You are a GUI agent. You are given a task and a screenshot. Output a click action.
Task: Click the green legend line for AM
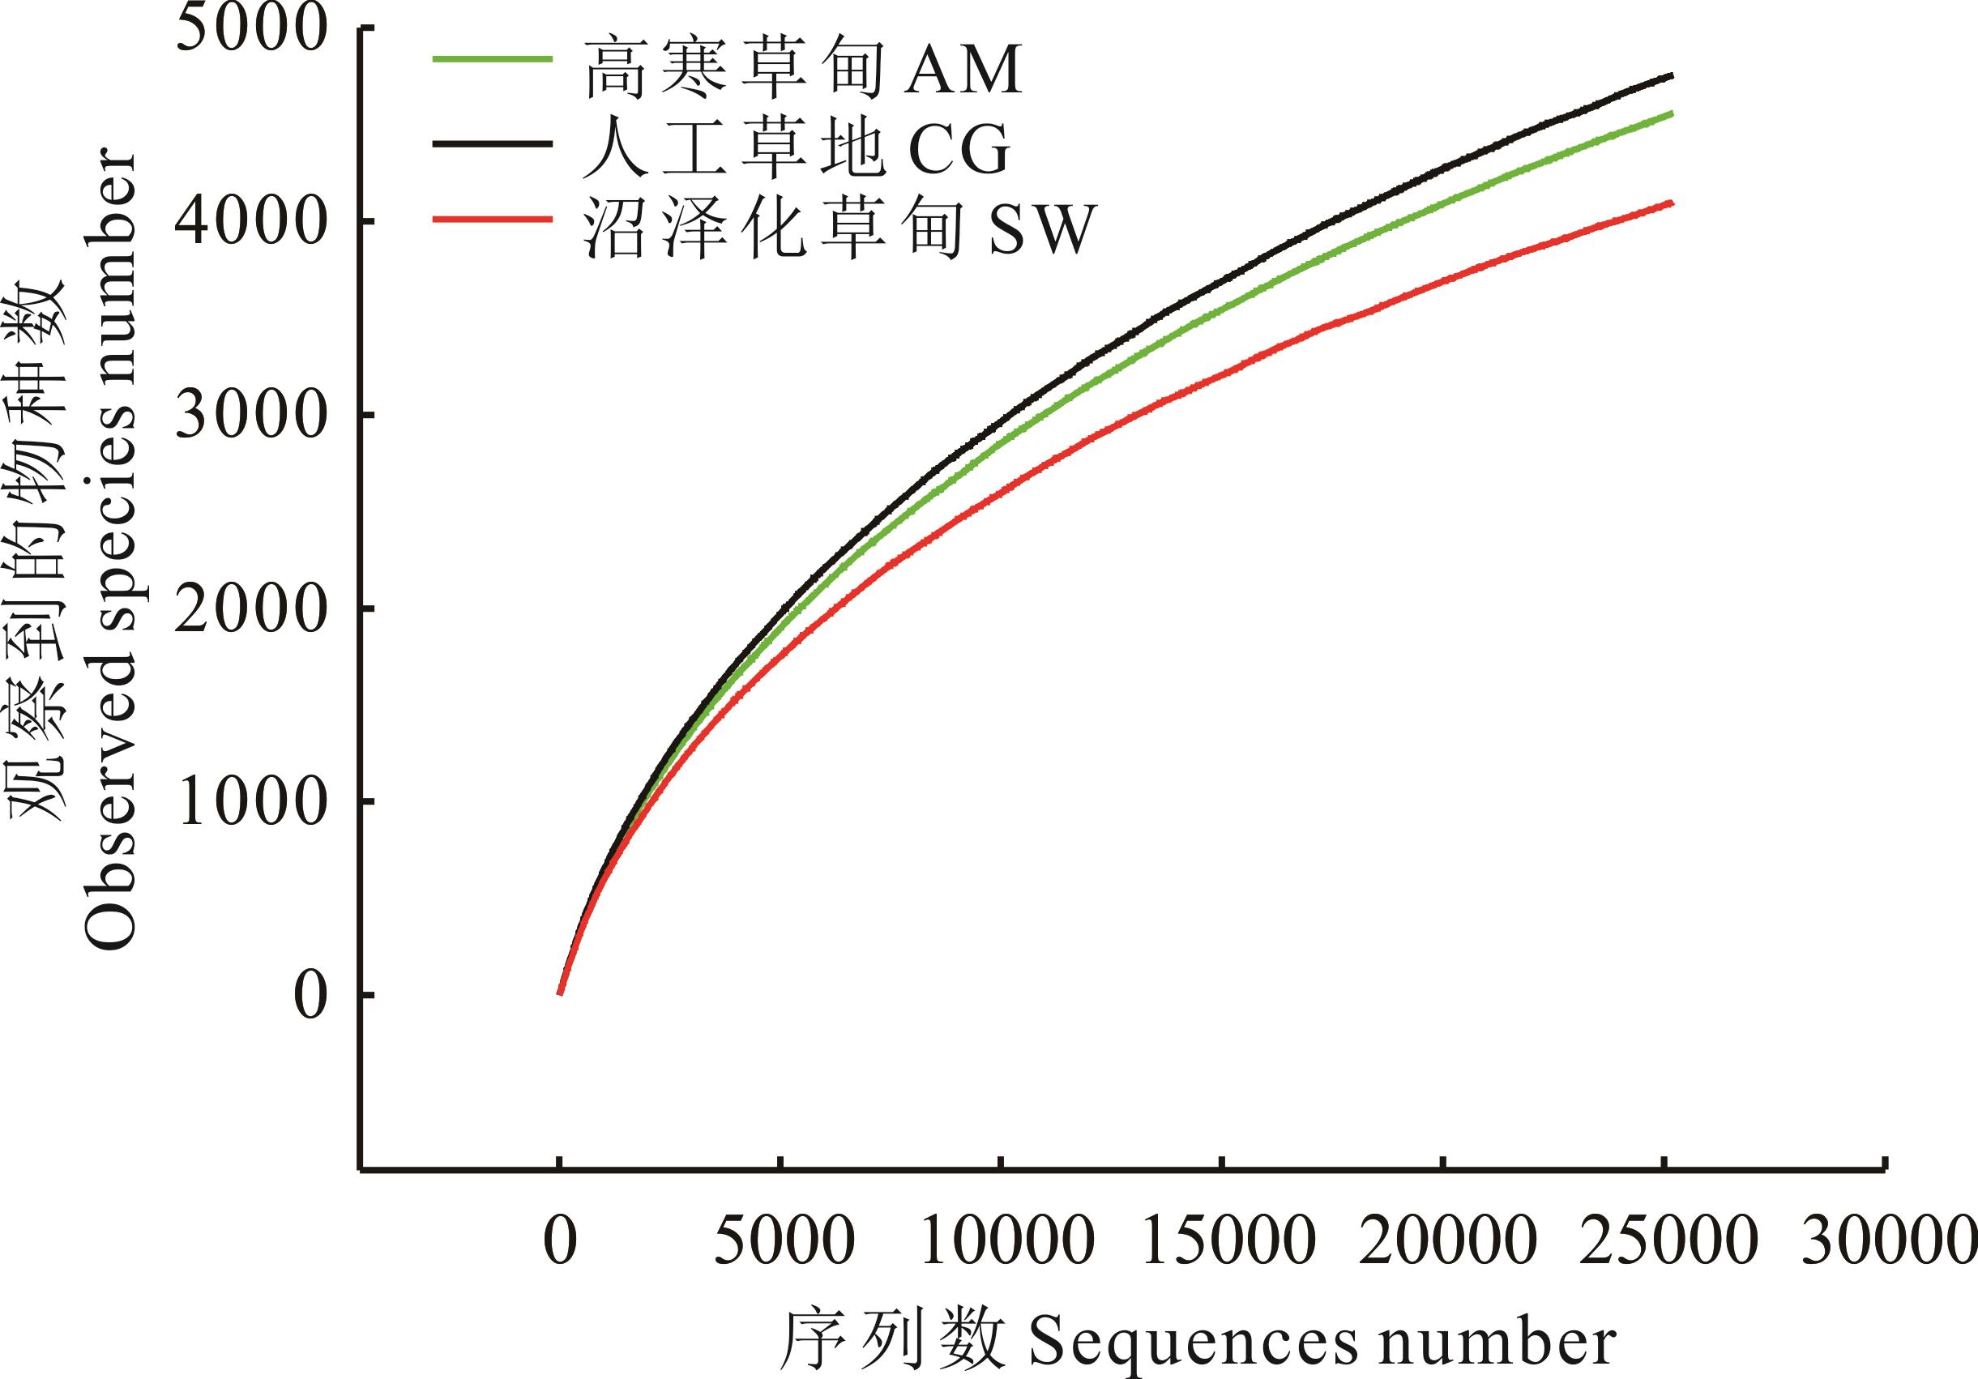click(491, 58)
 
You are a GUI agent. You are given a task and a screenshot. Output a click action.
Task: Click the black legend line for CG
click(491, 144)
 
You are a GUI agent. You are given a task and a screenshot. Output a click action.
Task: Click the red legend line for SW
click(491, 220)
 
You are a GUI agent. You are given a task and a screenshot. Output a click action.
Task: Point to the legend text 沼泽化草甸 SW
click(840, 230)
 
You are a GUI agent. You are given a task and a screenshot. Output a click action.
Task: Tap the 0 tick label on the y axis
click(310, 997)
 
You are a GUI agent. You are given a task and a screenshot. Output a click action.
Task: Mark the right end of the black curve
click(1672, 76)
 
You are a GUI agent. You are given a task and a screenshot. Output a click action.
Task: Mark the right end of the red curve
click(1672, 203)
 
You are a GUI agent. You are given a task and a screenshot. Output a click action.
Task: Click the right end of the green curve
click(1672, 113)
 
